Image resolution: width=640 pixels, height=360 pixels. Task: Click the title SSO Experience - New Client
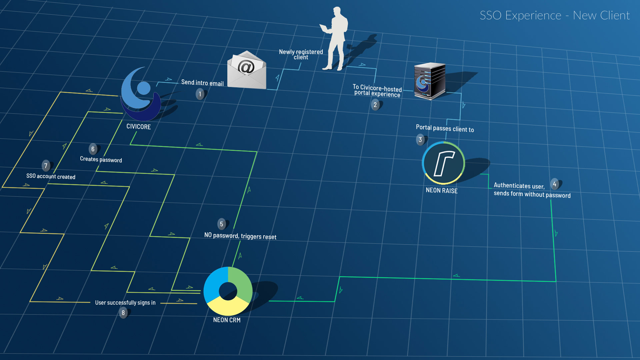tap(554, 16)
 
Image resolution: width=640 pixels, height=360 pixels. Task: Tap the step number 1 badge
tap(200, 94)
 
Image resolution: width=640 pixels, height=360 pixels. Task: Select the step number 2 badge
tap(375, 105)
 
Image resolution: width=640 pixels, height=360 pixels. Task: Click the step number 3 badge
tap(420, 140)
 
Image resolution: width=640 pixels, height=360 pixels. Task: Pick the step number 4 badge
tap(554, 184)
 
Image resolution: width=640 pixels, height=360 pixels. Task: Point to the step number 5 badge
tap(221, 224)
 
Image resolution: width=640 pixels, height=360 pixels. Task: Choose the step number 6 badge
tap(93, 149)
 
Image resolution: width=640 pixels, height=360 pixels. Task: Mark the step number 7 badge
tap(46, 166)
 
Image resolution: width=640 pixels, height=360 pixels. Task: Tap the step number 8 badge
tap(123, 313)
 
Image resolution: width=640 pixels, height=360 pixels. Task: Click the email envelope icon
tap(247, 71)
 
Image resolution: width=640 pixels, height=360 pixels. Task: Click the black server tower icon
tap(429, 81)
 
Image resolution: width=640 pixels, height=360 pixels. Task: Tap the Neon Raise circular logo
tap(443, 163)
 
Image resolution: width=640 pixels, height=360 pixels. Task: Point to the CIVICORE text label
tap(139, 127)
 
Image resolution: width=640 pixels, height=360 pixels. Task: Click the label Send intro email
tap(202, 83)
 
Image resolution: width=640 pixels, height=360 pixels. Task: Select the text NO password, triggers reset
tap(240, 236)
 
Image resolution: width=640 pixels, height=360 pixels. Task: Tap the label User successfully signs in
tap(125, 303)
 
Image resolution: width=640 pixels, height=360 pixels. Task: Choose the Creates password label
tap(101, 160)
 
